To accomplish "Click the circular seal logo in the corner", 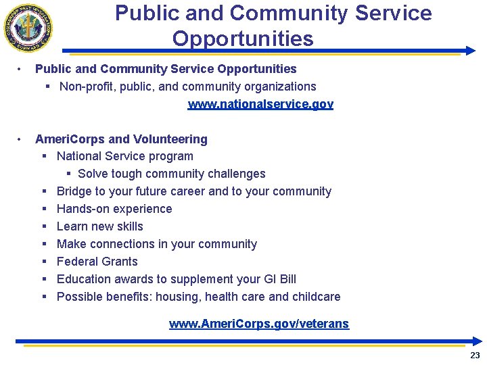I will tap(28, 28).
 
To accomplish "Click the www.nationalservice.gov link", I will tap(260, 104).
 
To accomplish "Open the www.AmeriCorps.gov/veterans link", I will tap(259, 324).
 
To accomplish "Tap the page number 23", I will tap(475, 355).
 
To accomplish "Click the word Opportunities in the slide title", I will tap(243, 39).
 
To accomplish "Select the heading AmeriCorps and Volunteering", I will tap(121, 139).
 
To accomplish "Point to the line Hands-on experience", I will tap(114, 209).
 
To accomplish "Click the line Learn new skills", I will tap(100, 226).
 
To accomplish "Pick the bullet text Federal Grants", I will tap(97, 262).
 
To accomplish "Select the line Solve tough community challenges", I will tap(172, 174).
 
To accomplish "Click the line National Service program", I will tap(125, 156).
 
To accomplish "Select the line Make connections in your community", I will tap(157, 244).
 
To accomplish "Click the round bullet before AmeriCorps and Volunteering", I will tap(22, 139).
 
